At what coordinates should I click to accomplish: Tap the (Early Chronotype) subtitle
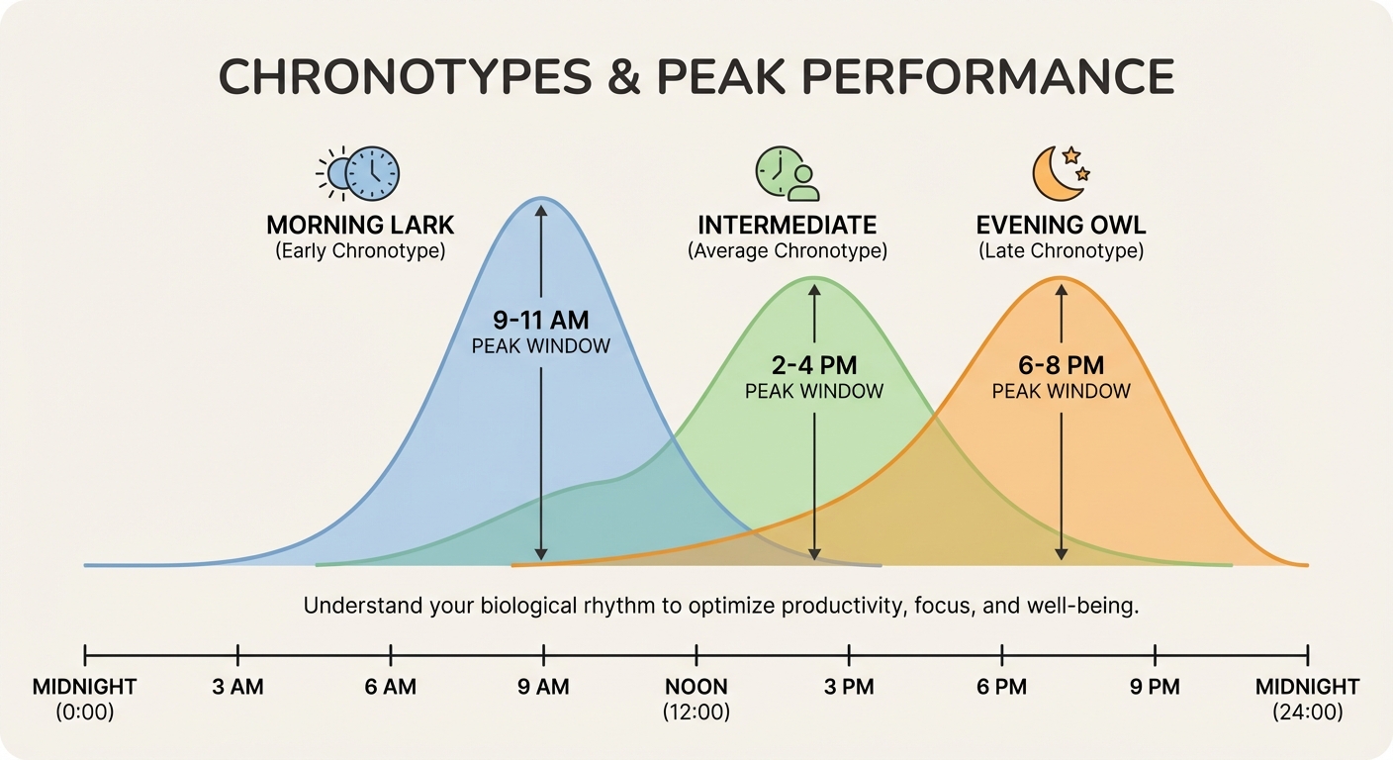[359, 251]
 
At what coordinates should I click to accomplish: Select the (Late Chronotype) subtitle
[1061, 251]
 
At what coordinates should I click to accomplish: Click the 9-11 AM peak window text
[540, 320]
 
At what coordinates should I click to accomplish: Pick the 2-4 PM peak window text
[813, 363]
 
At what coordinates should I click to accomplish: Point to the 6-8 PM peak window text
[1061, 363]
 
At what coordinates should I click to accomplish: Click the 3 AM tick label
[237, 687]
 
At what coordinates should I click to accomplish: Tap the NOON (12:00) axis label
[696, 698]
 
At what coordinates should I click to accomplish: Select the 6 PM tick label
[1001, 687]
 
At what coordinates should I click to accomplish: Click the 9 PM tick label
[1155, 687]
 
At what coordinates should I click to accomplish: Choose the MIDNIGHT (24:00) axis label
[1307, 698]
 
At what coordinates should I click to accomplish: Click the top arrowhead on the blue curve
[540, 208]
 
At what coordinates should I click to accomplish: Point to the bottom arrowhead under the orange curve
[1061, 554]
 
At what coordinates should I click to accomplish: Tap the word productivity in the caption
[840, 606]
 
